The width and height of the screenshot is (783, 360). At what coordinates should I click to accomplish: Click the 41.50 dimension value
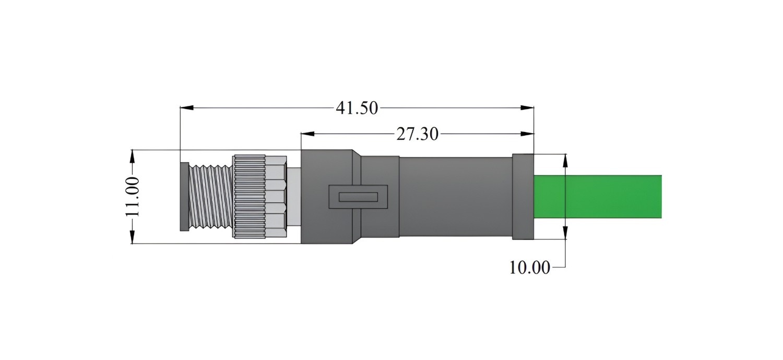coord(357,108)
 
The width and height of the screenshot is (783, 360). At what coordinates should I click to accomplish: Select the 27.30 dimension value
coord(417,134)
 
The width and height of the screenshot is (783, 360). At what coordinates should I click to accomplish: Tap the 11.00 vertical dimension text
coord(133,197)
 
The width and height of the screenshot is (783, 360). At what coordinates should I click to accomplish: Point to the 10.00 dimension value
coord(529,267)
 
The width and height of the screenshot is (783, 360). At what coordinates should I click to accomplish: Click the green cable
coord(598,196)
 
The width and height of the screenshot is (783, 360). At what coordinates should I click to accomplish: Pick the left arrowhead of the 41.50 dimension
coord(187,107)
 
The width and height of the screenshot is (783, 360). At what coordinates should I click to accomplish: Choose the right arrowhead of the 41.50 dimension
coord(527,107)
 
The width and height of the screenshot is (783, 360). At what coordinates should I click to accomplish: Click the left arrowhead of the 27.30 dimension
coord(307,134)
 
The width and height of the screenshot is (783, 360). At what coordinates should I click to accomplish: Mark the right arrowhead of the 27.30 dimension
coord(527,134)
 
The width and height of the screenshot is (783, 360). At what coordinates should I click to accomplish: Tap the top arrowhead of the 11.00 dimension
coord(132,157)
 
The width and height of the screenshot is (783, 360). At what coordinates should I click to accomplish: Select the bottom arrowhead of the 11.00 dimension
coord(132,237)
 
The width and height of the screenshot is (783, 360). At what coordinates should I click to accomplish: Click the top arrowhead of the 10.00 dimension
coord(565,161)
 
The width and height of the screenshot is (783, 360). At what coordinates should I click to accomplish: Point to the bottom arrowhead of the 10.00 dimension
coord(565,232)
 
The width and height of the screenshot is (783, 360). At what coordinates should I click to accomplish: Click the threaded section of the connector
coord(211,196)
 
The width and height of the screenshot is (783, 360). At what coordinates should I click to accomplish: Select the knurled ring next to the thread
coord(249,196)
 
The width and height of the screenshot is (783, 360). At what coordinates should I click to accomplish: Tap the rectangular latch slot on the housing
coord(358,197)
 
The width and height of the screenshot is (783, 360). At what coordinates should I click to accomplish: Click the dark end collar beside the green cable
coord(523,196)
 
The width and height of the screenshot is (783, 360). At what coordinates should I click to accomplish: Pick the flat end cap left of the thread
coord(184,196)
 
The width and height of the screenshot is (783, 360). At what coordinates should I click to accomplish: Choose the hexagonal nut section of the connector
coord(276,196)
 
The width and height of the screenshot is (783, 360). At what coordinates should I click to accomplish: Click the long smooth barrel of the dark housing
coord(456,196)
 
